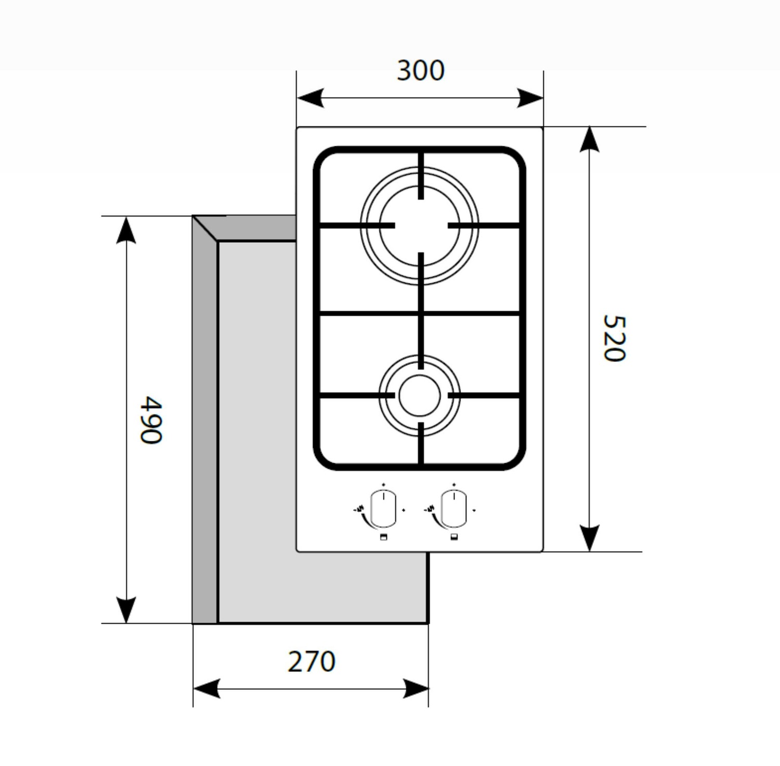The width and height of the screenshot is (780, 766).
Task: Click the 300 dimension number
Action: [x=420, y=71]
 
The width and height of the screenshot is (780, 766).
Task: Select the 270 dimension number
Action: [x=311, y=661]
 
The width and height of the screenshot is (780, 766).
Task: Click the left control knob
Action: [x=383, y=508]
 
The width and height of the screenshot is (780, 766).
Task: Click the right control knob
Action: [x=453, y=508]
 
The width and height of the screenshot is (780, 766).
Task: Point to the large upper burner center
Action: [x=420, y=225]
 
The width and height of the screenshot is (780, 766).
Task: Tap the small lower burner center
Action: [x=420, y=395]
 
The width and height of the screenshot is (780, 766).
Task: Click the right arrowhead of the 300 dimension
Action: [x=530, y=98]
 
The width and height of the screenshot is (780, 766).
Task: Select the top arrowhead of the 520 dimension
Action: [x=589, y=139]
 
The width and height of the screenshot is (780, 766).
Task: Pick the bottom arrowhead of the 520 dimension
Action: [x=589, y=538]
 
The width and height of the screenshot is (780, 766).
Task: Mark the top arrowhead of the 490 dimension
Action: [x=126, y=230]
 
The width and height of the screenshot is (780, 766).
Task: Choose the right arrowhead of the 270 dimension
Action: [x=415, y=688]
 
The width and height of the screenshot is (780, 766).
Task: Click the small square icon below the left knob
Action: [x=383, y=537]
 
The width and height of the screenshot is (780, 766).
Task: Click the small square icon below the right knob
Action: [x=453, y=537]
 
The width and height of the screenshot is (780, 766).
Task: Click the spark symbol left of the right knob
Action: [x=430, y=509]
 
